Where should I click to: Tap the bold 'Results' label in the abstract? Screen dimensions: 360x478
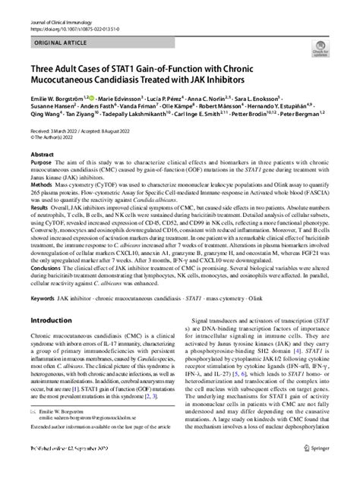tap(39, 227)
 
